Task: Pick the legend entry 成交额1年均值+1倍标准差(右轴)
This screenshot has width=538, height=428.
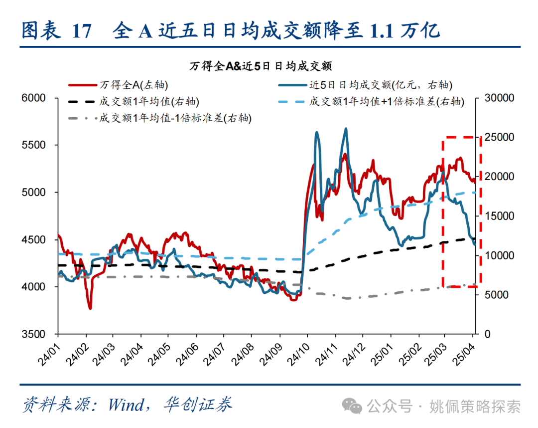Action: (x=387, y=102)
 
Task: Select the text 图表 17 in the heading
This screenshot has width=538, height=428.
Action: (x=56, y=31)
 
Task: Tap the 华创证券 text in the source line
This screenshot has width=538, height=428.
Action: (x=198, y=405)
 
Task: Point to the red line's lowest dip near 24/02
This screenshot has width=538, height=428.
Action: (x=90, y=308)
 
